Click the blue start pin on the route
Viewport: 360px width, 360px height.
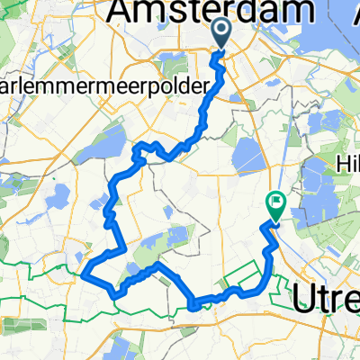(x=222, y=33)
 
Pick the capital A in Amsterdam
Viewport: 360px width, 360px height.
(x=124, y=12)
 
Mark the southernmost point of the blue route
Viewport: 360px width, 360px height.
(x=194, y=308)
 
